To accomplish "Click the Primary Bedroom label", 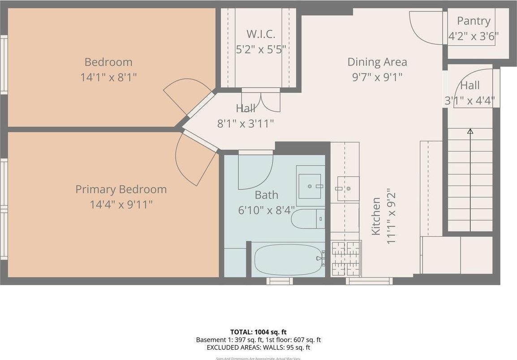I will (121, 189).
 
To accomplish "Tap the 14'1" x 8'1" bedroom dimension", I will (108, 77).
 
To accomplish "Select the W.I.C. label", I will (261, 34).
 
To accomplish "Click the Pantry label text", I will (474, 21).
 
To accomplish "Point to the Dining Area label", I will (377, 62).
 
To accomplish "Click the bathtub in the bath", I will (289, 260).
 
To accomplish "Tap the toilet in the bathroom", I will (307, 219).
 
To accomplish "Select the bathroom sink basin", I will (310, 186).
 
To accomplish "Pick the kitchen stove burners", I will (345, 258).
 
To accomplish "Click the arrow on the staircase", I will (470, 131).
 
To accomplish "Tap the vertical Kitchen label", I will (376, 216).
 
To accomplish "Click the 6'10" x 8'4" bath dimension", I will (266, 209).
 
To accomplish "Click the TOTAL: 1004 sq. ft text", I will (258, 332).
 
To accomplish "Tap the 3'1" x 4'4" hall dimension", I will (470, 101).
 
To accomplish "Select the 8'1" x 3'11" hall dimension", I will (246, 123).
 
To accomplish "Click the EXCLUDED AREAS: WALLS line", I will (258, 347).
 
